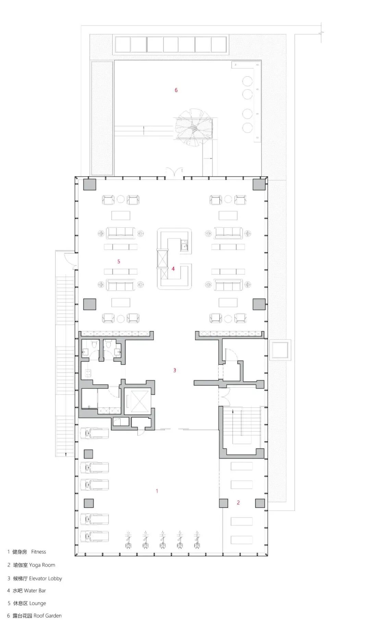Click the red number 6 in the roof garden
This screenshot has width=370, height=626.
[x=176, y=90]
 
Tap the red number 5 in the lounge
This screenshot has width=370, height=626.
[x=119, y=261]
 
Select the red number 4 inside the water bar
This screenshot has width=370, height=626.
[x=173, y=269]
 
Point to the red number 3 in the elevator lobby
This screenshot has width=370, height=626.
[x=175, y=370]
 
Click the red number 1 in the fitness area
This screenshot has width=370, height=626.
[x=157, y=491]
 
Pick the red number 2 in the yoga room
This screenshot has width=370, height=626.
[x=238, y=502]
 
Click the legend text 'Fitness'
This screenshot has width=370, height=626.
[x=38, y=552]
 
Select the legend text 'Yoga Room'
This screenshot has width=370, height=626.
[x=42, y=565]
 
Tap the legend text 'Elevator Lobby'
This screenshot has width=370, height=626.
[x=46, y=578]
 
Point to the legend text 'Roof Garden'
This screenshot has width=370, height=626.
[x=48, y=615]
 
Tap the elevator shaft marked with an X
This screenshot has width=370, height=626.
[x=138, y=401]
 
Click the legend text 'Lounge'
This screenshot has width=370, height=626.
[x=38, y=603]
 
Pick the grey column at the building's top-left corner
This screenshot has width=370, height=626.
[x=90, y=184]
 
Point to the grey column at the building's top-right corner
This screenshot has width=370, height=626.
[x=259, y=184]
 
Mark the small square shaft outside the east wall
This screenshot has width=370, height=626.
[x=280, y=350]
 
